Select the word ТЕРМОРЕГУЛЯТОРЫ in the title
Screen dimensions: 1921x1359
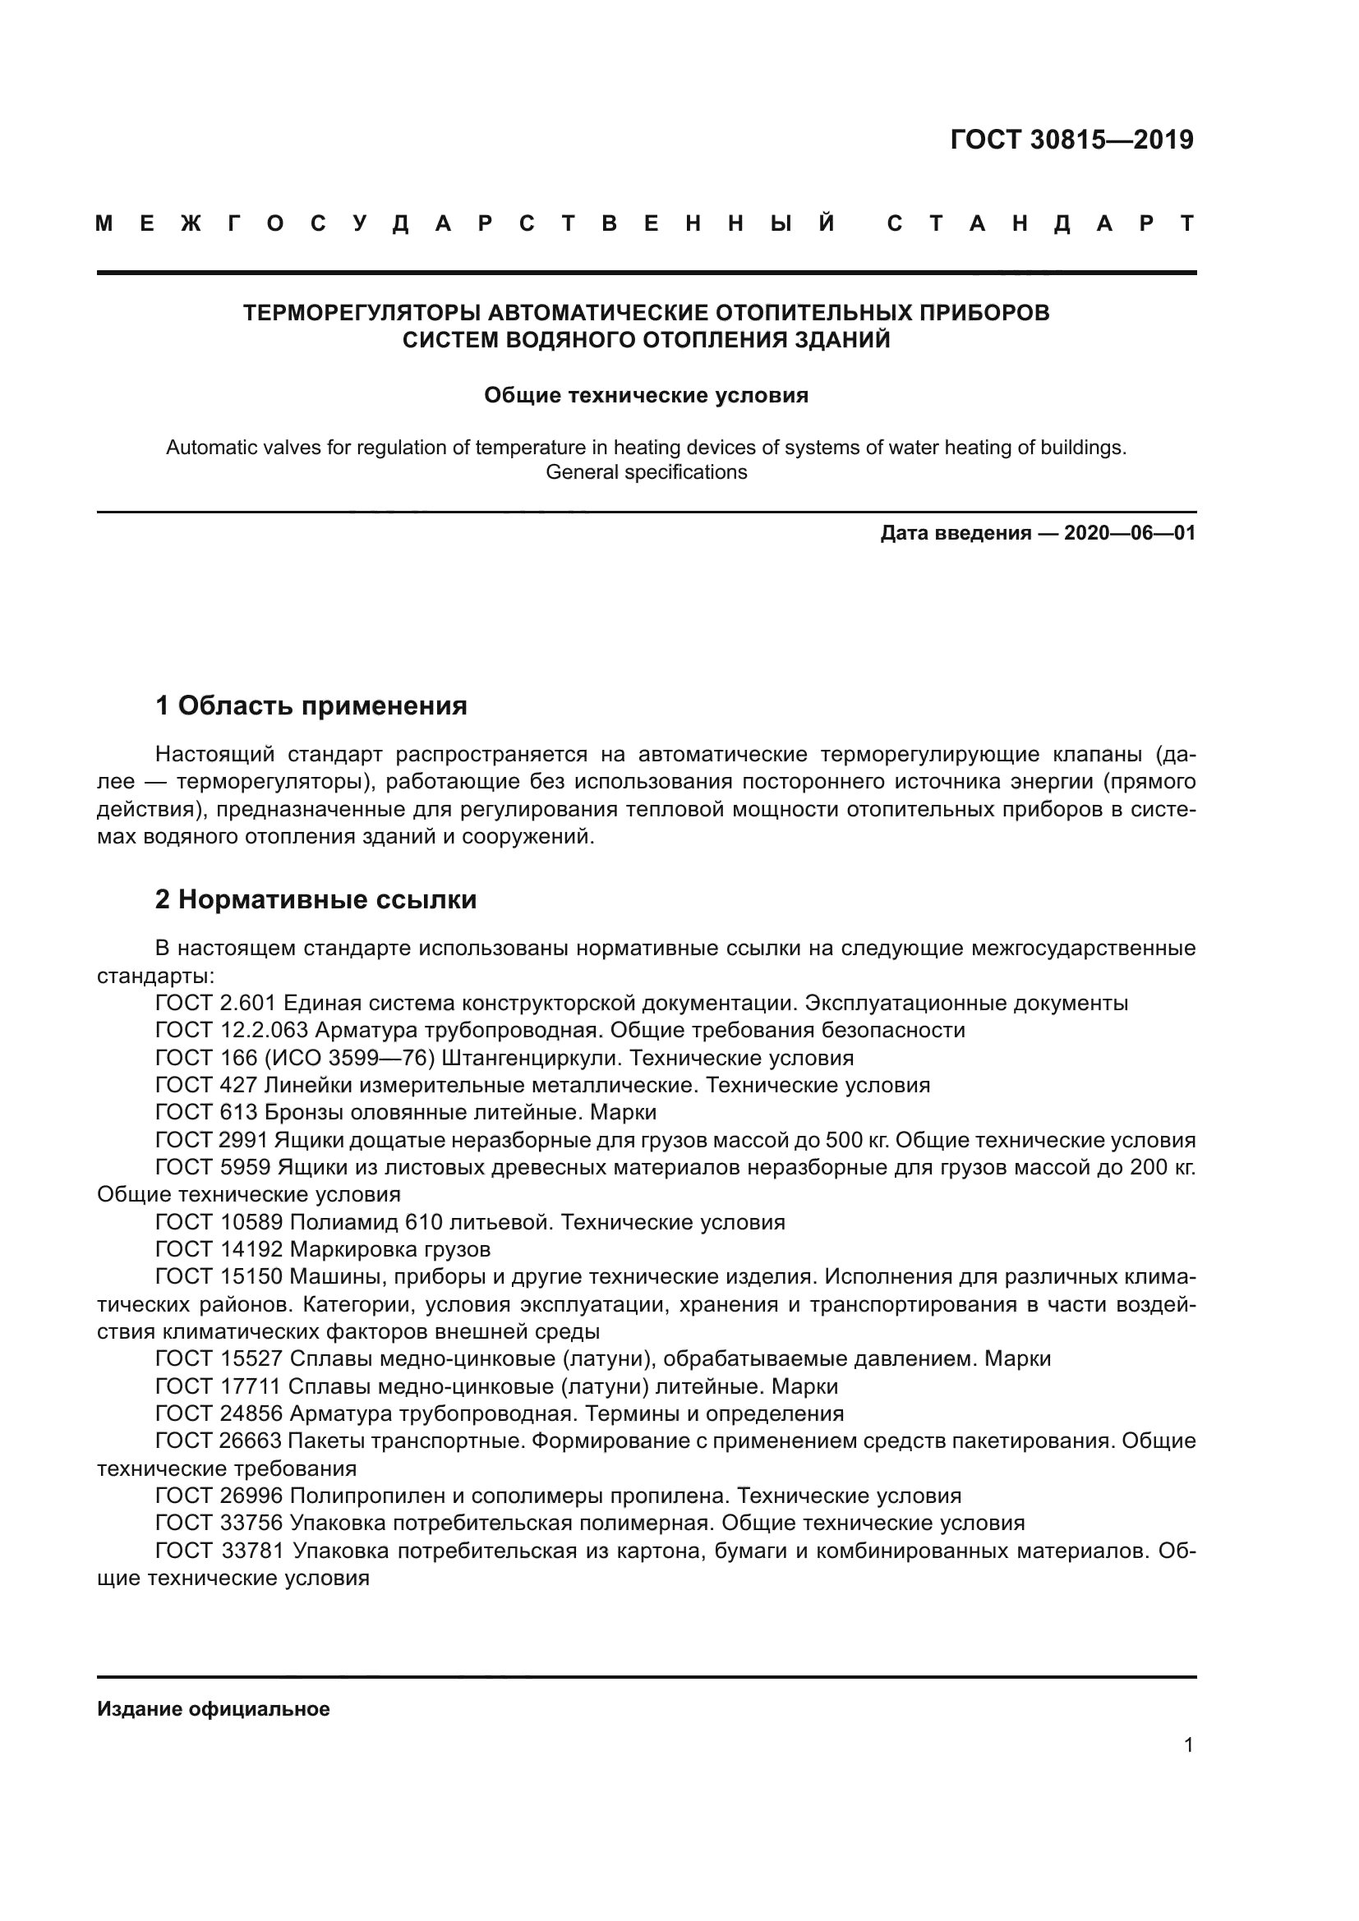[362, 313]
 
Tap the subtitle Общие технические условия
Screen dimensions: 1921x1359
[646, 395]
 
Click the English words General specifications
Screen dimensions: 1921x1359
[646, 472]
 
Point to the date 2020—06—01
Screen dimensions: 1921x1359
[1130, 533]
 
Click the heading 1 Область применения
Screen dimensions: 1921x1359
[311, 705]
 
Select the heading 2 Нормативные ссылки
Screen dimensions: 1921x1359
[316, 899]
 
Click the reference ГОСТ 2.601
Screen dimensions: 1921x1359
[216, 1002]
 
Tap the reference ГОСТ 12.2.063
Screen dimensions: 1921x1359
[232, 1030]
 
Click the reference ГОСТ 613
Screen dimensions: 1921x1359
[206, 1112]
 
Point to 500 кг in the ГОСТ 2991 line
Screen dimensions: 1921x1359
[854, 1140]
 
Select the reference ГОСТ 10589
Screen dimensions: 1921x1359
[219, 1222]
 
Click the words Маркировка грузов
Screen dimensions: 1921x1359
[390, 1249]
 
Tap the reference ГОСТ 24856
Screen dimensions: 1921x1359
[219, 1414]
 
